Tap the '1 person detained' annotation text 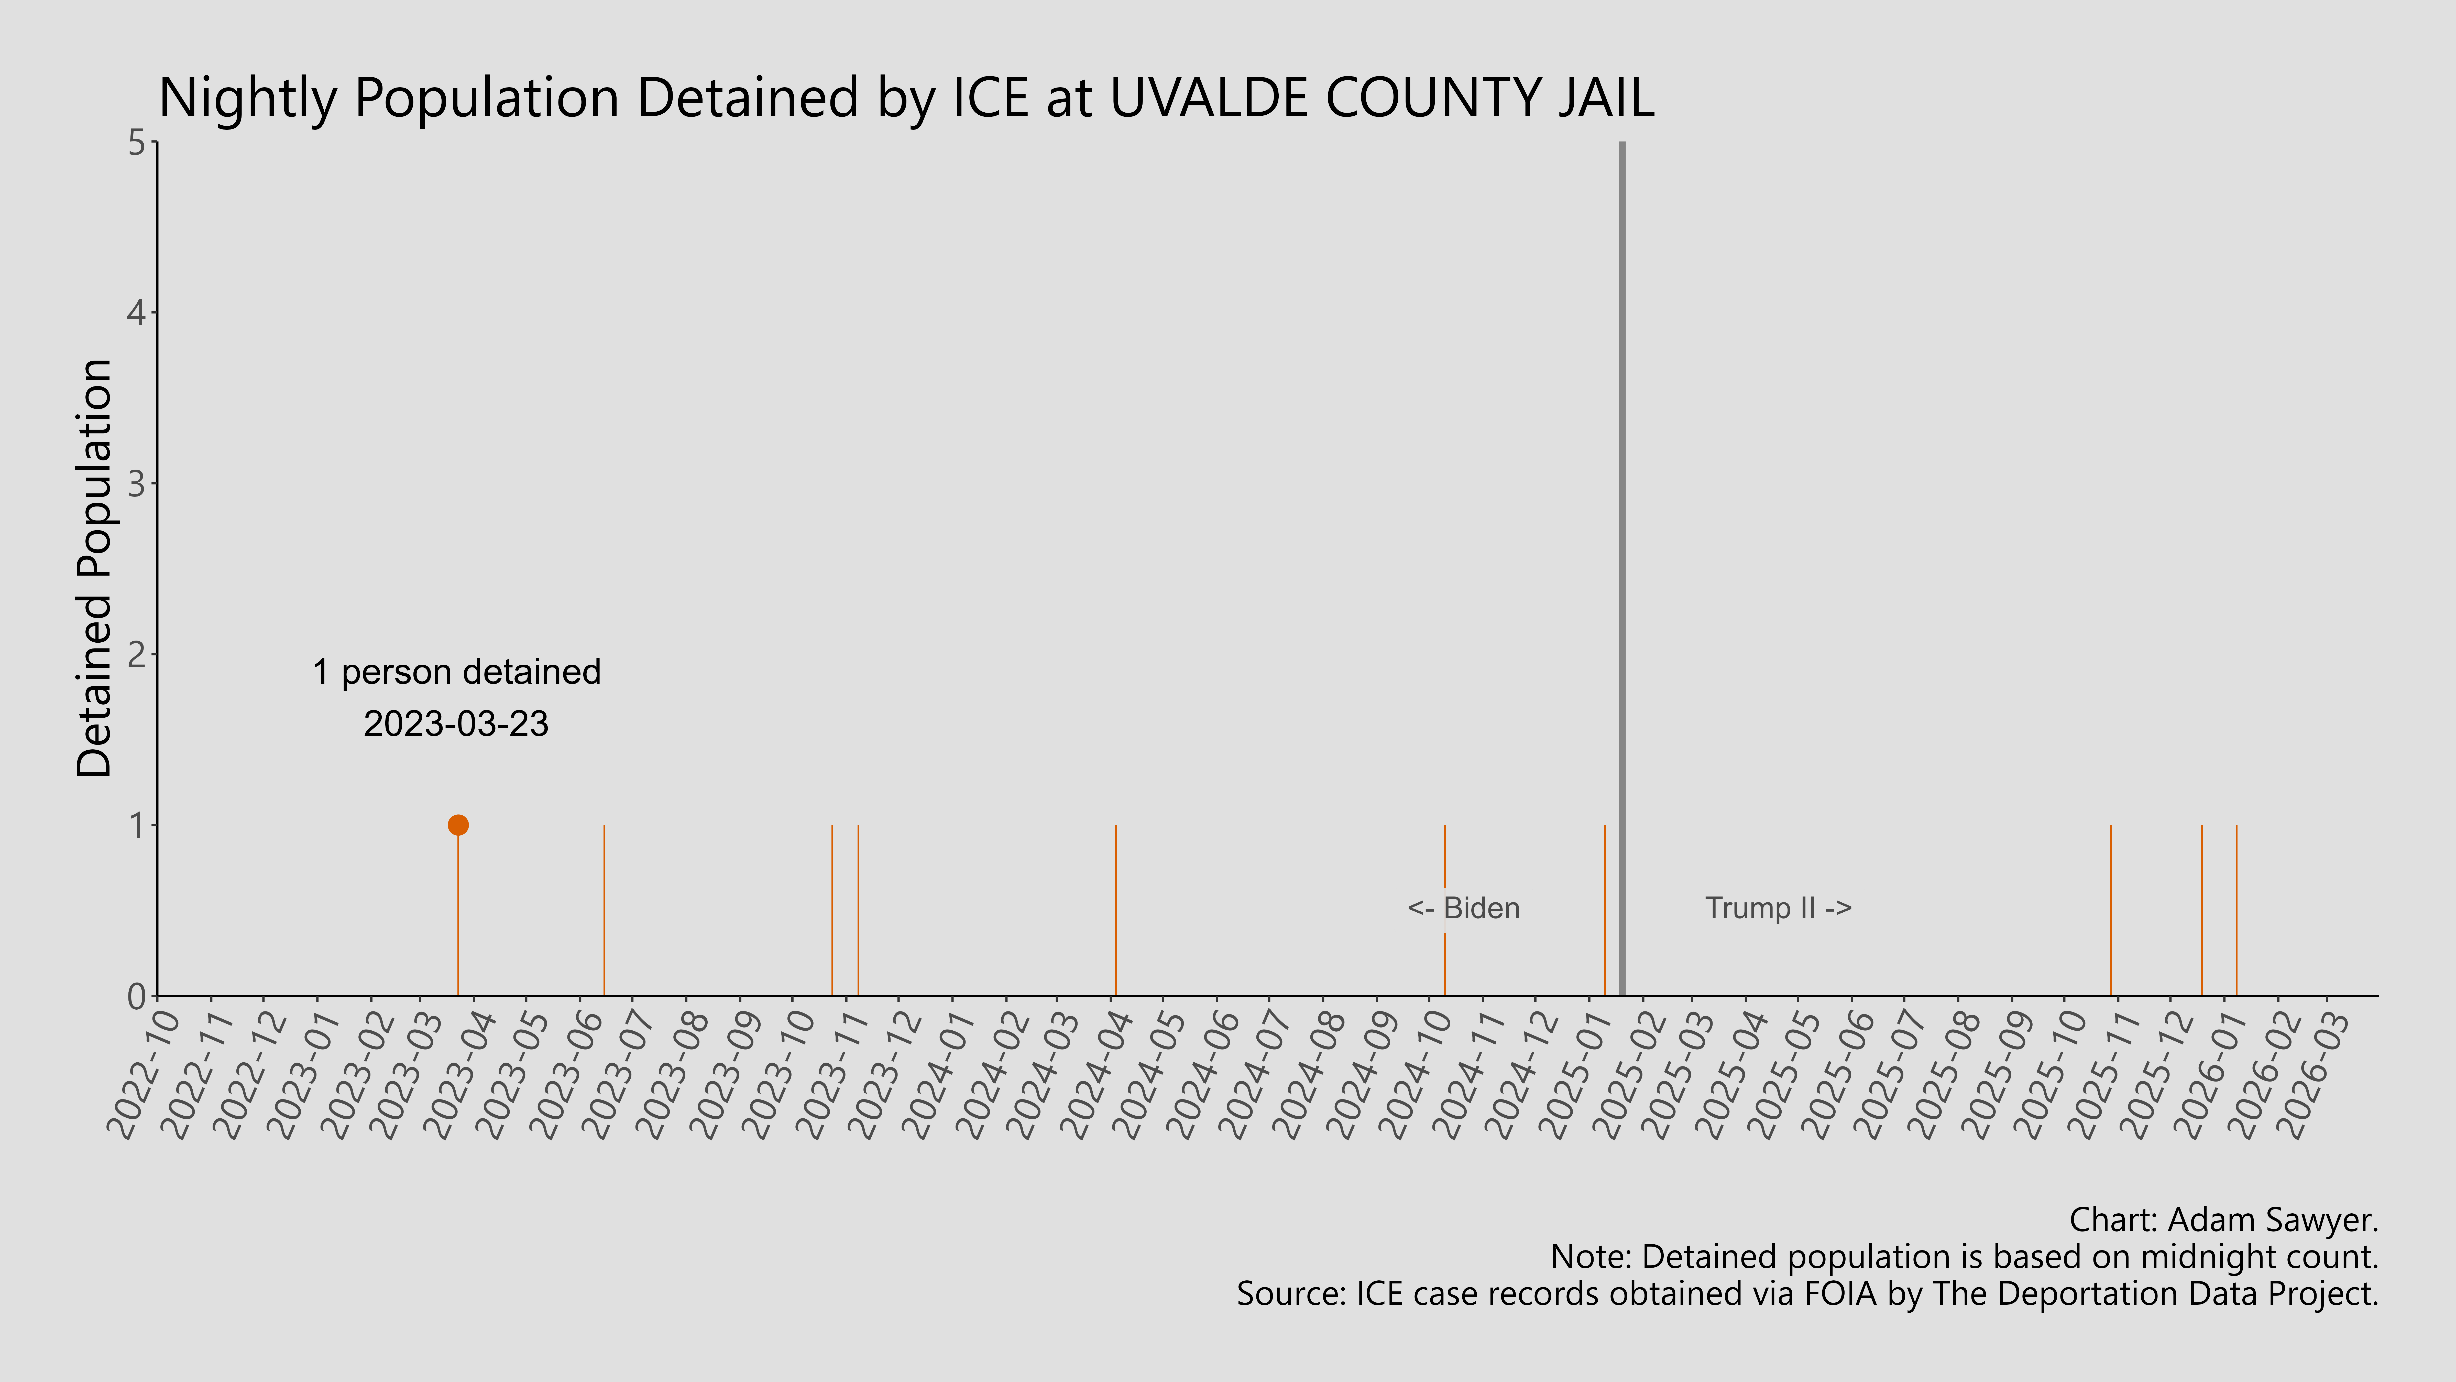click(x=457, y=672)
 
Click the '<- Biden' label click(x=1463, y=908)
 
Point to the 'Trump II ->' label click(x=1778, y=908)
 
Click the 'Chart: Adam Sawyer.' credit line click(x=2223, y=1220)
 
